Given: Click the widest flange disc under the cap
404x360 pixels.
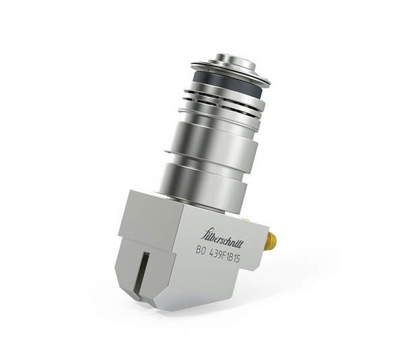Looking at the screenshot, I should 229,75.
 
